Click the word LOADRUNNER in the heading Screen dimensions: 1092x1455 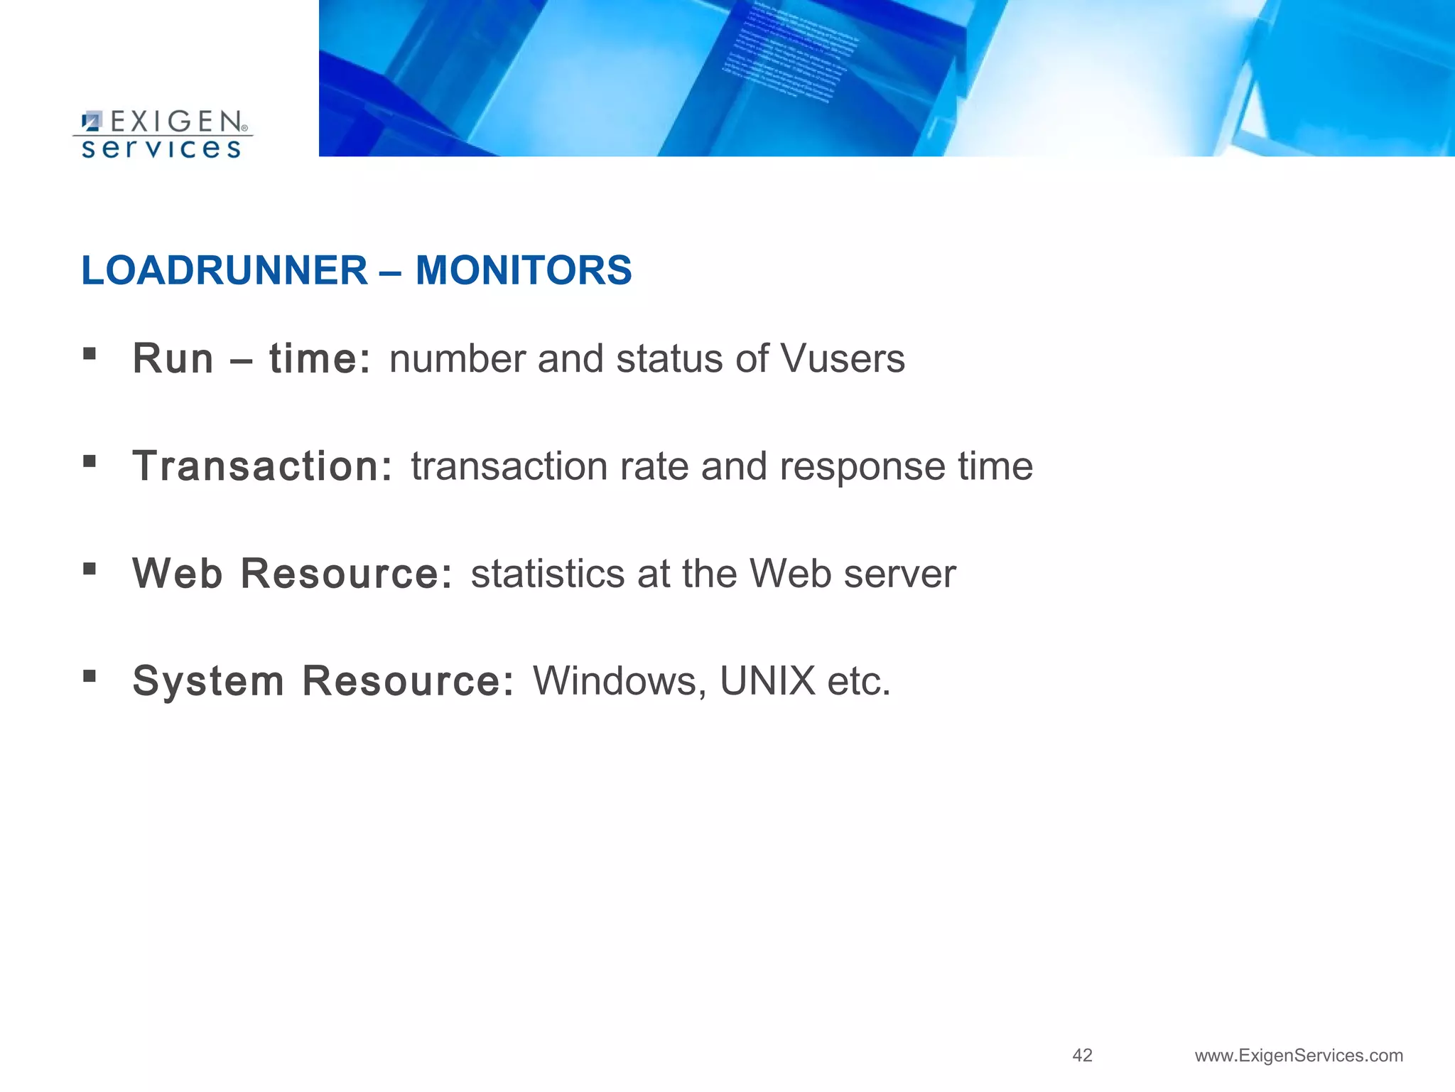tap(225, 271)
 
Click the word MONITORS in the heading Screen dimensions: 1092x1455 tap(524, 271)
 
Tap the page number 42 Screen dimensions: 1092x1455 tap(1082, 1055)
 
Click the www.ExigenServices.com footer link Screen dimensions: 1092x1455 tap(1299, 1056)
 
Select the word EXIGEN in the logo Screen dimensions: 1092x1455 tap(176, 122)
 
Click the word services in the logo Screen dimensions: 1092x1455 tap(161, 148)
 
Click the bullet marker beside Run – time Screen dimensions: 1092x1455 tap(90, 353)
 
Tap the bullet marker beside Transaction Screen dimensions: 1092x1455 tap(90, 461)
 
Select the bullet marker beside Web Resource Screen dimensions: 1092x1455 tap(90, 568)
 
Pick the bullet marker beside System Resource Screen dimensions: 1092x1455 tap(90, 675)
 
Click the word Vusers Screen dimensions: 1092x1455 tap(843, 358)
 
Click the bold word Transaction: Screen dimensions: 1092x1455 tap(262, 466)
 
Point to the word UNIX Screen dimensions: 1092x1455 tap(767, 681)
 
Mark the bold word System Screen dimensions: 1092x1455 tap(208, 681)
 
